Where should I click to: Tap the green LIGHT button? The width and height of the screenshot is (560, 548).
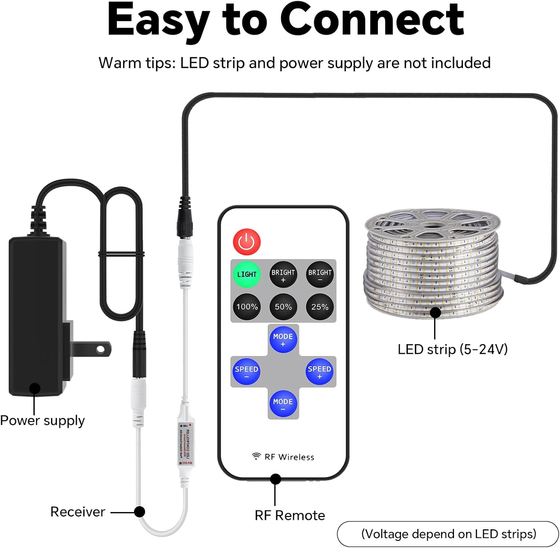[x=246, y=274]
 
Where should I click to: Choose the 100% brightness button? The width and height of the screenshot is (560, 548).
[x=246, y=307]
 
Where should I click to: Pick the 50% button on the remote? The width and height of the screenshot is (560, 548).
[x=283, y=307]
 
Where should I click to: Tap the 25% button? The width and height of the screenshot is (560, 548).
[x=320, y=307]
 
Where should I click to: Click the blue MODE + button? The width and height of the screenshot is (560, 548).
[x=283, y=339]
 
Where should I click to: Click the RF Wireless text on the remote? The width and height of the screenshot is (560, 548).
[x=289, y=457]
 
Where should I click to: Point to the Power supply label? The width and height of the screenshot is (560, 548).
[x=42, y=421]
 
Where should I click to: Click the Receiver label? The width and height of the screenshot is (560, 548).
[x=78, y=512]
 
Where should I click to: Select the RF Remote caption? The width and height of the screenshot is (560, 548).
[x=290, y=516]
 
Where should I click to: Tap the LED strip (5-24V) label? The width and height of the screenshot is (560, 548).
[x=452, y=349]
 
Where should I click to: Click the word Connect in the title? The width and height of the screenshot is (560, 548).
[x=372, y=19]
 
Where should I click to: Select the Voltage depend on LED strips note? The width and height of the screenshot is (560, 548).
[x=448, y=534]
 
